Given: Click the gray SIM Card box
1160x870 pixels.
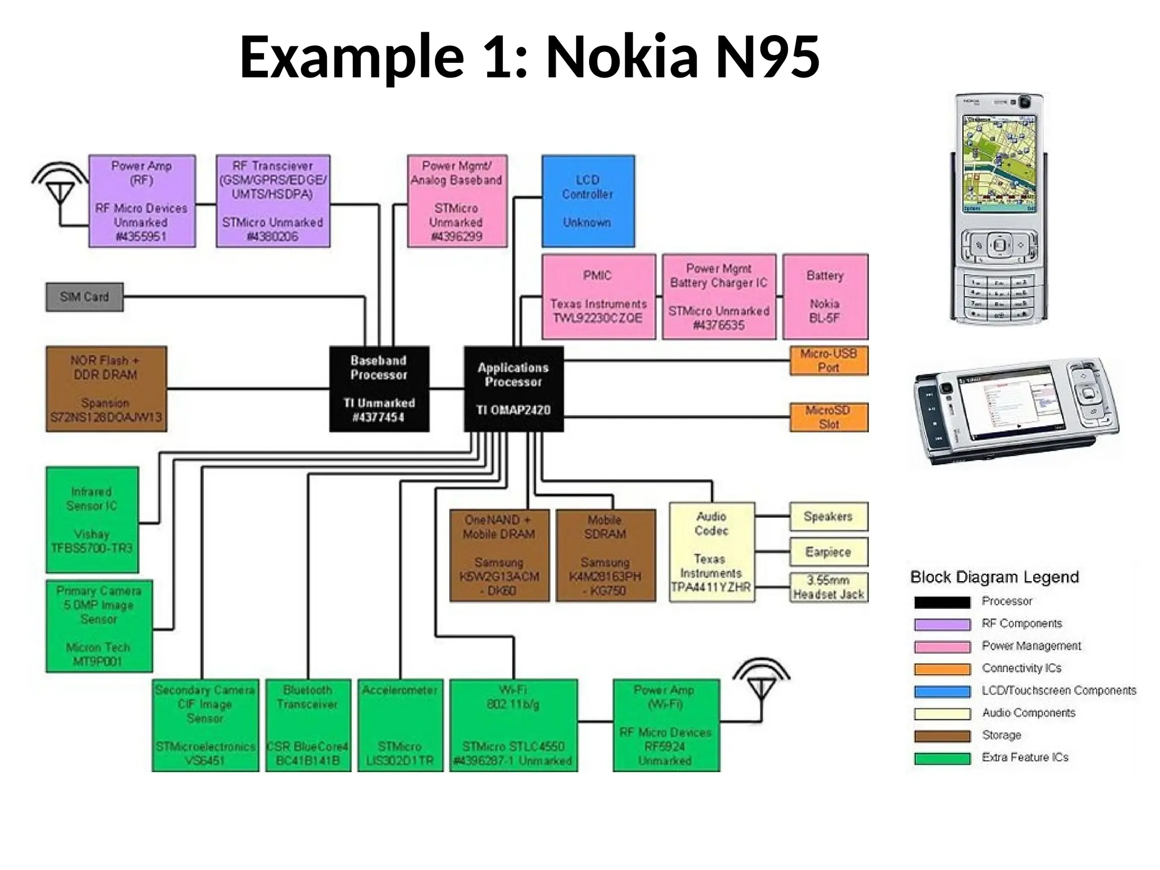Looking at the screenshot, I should coord(84,297).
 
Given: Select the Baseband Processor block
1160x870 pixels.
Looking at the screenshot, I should coord(379,389).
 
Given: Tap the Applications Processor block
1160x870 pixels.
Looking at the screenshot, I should coord(513,389).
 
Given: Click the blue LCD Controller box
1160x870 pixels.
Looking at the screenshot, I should coord(588,201).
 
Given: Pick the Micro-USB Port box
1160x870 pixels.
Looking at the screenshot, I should coord(829,361).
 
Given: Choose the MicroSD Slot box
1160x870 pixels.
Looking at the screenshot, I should coord(829,417).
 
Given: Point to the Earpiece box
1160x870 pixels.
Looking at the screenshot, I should coord(828,552).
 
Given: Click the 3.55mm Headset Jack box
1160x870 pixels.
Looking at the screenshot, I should coord(828,587).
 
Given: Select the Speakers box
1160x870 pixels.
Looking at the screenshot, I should coord(828,517).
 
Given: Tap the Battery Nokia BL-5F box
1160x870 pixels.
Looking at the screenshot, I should coord(825,297).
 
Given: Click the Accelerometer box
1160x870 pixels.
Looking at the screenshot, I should coord(400,725).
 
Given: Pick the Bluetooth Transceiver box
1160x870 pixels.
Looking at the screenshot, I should coord(308,725).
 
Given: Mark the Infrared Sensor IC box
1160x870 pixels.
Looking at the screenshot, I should coord(92,519).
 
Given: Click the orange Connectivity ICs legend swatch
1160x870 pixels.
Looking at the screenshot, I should coord(942,669).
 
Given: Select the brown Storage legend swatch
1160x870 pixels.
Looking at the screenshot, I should coord(942,736).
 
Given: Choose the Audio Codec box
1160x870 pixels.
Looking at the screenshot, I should coord(711,552).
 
